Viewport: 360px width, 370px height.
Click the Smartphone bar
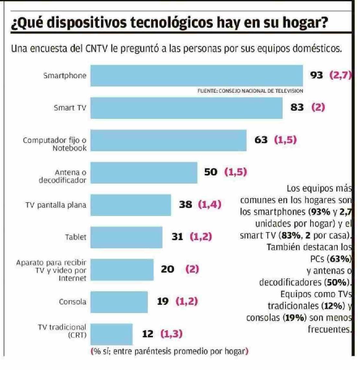click(x=196, y=75)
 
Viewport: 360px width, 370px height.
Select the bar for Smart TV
click(x=186, y=108)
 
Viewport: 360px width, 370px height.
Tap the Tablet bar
click(x=126, y=237)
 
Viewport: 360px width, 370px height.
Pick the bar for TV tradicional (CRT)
click(x=111, y=334)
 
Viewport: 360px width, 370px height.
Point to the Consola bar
click(x=119, y=302)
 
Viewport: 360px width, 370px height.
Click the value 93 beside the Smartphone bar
click(x=317, y=75)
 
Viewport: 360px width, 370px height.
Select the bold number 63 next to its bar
click(x=261, y=140)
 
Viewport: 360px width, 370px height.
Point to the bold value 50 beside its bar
click(x=211, y=172)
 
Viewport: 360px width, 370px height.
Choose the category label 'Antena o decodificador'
click(x=63, y=176)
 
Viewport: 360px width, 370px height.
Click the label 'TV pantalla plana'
click(x=56, y=205)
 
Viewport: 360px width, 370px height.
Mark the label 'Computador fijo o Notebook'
click(x=55, y=144)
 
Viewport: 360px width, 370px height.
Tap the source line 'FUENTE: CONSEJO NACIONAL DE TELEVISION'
click(x=250, y=91)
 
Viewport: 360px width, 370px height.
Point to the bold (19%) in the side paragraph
click(x=295, y=318)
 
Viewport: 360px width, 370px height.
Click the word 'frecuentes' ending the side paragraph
click(x=329, y=330)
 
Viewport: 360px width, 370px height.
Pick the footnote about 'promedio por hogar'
click(x=170, y=351)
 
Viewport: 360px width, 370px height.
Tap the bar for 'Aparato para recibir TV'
click(x=122, y=270)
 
